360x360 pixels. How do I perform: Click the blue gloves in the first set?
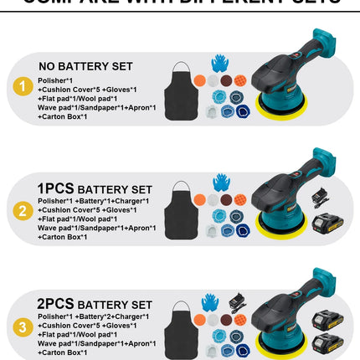[220, 63]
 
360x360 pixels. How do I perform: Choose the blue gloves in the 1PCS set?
[221, 183]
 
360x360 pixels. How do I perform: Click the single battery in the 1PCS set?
[327, 224]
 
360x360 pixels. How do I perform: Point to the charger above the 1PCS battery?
[321, 198]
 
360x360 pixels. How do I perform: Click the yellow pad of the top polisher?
[280, 129]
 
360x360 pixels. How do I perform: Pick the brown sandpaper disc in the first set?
[225, 80]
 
